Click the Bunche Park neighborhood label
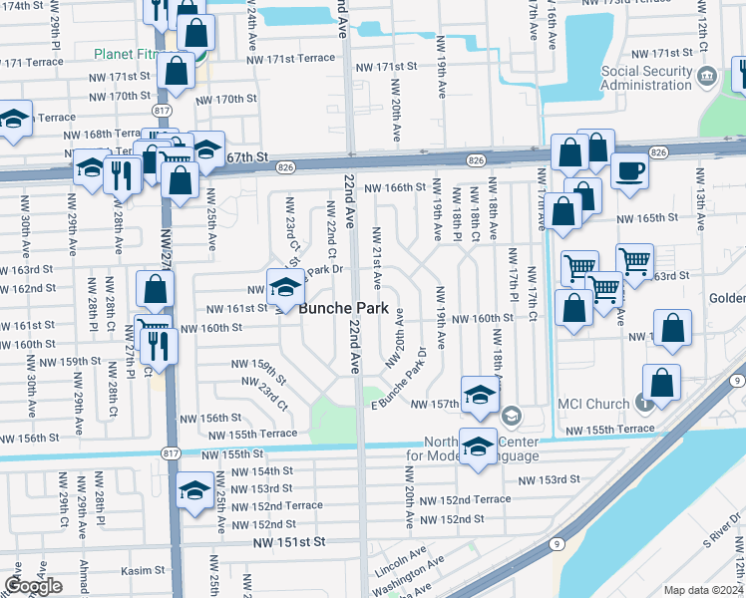[343, 309]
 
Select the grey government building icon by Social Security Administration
[707, 75]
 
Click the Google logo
[33, 586]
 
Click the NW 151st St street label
[289, 542]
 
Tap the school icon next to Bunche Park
[285, 288]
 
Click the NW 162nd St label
[27, 288]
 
